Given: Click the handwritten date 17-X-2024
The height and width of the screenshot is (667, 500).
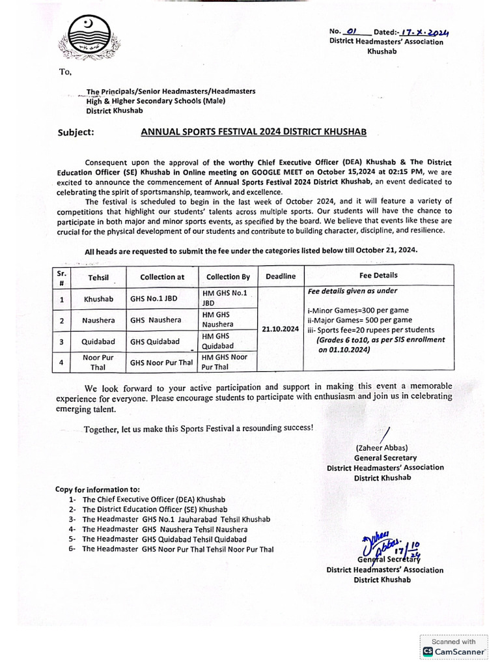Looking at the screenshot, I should click(425, 32).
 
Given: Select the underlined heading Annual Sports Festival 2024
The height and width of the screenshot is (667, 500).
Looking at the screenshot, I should click(254, 132).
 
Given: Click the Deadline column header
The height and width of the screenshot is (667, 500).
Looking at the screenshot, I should click(280, 276).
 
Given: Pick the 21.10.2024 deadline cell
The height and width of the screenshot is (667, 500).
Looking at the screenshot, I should click(280, 329).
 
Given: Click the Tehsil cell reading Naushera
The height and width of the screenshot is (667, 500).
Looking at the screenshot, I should click(98, 320).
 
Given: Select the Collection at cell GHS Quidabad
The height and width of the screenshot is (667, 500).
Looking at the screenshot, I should click(154, 341).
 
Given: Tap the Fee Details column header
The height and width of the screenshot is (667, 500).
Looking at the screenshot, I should click(378, 276).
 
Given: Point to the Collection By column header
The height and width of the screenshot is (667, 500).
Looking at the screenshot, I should click(223, 277).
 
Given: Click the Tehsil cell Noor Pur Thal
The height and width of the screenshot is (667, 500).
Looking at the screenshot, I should click(98, 362).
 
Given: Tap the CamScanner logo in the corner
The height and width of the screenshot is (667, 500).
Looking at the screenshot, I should click(454, 651).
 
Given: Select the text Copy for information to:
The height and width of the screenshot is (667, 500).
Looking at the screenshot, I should click(97, 489).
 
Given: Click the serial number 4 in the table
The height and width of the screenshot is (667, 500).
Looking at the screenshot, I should click(61, 362).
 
